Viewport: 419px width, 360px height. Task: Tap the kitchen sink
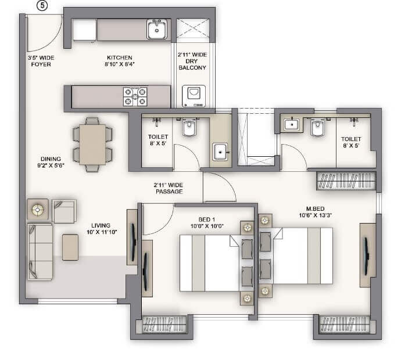(157, 29)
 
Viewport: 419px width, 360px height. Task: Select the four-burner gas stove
(135, 97)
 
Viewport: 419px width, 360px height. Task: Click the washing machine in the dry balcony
(194, 96)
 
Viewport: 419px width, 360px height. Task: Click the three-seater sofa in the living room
(40, 250)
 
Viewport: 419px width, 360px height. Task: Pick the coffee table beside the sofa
(70, 247)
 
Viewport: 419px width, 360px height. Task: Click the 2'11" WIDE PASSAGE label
(169, 188)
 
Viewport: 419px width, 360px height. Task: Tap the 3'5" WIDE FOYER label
(40, 61)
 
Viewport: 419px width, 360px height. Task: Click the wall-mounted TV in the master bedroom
(367, 254)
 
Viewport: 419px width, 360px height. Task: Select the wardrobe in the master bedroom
(345, 181)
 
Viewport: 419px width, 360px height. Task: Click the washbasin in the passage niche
(220, 152)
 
